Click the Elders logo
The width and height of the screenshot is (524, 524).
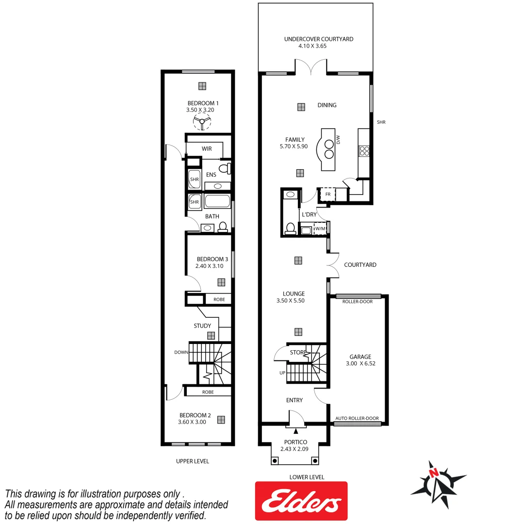301,500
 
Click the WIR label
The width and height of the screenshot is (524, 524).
206,148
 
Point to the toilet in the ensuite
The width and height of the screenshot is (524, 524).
224,168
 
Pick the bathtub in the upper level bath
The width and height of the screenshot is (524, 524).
217,201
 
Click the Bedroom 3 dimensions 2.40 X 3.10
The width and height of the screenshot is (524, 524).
209,266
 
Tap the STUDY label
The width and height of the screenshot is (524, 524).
202,326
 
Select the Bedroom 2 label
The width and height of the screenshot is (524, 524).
195,415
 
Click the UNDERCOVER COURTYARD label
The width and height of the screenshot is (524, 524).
319,39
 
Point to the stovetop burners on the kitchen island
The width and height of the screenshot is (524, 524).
328,148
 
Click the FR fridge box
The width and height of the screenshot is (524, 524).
327,195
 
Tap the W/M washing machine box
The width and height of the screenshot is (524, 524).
320,229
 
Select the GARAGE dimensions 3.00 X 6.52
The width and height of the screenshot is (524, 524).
359,363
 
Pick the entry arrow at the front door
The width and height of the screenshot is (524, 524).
295,430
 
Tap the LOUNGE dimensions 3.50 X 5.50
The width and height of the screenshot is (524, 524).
294,300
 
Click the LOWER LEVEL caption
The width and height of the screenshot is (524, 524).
306,477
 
